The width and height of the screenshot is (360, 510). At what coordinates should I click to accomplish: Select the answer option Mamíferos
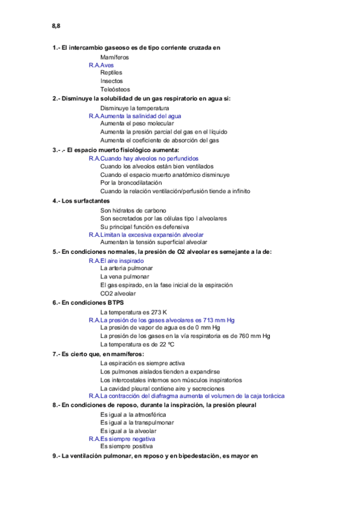point(114,57)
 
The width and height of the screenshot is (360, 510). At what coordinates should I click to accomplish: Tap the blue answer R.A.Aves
point(101,65)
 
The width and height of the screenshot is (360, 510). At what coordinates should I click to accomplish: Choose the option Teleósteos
point(115,90)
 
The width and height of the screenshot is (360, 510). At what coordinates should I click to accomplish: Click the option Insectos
point(112,81)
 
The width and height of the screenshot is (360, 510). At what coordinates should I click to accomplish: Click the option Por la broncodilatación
point(131,183)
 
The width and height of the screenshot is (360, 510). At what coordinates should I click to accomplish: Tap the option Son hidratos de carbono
point(133,210)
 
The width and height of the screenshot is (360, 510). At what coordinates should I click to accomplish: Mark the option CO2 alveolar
point(118,293)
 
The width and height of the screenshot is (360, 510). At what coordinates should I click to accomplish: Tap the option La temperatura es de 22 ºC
point(137,345)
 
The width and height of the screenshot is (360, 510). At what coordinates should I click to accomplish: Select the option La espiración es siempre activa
point(142,363)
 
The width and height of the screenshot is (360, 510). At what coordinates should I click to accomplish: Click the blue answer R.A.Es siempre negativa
point(124,438)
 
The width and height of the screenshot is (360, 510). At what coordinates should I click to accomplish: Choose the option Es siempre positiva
point(127,446)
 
